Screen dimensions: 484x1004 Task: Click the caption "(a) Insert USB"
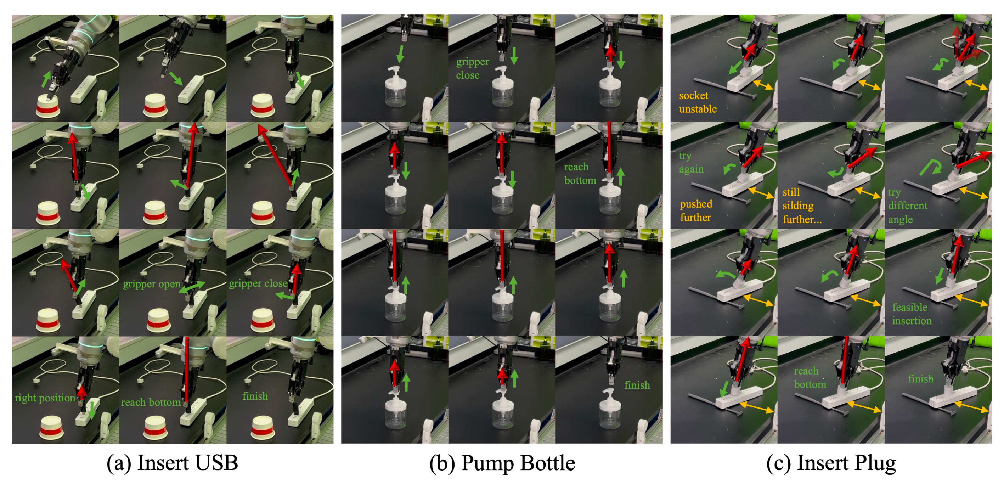tap(172, 463)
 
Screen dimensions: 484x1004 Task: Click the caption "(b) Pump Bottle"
tap(502, 463)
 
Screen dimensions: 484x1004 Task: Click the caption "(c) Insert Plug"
tap(831, 463)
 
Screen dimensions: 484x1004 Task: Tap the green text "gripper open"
tap(151, 284)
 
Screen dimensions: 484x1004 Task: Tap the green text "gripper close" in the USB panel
tap(258, 283)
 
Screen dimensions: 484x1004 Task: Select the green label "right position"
tap(45, 398)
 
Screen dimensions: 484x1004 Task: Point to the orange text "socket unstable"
tap(698, 102)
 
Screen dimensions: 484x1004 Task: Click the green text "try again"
tap(691, 162)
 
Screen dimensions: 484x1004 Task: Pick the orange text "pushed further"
tap(696, 210)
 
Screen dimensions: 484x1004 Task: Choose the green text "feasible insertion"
tap(912, 314)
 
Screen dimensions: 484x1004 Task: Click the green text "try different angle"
tap(908, 206)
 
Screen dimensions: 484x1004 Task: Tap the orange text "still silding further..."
tap(802, 206)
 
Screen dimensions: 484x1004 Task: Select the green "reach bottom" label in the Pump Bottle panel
tap(580, 173)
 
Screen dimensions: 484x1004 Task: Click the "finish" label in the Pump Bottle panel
tap(637, 385)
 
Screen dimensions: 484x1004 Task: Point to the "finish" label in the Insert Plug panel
tap(921, 379)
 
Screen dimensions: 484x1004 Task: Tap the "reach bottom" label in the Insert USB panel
tap(151, 402)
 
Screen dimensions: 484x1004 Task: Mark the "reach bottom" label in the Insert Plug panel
tap(810, 378)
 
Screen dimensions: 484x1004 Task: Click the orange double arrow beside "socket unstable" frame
tap(763, 85)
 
